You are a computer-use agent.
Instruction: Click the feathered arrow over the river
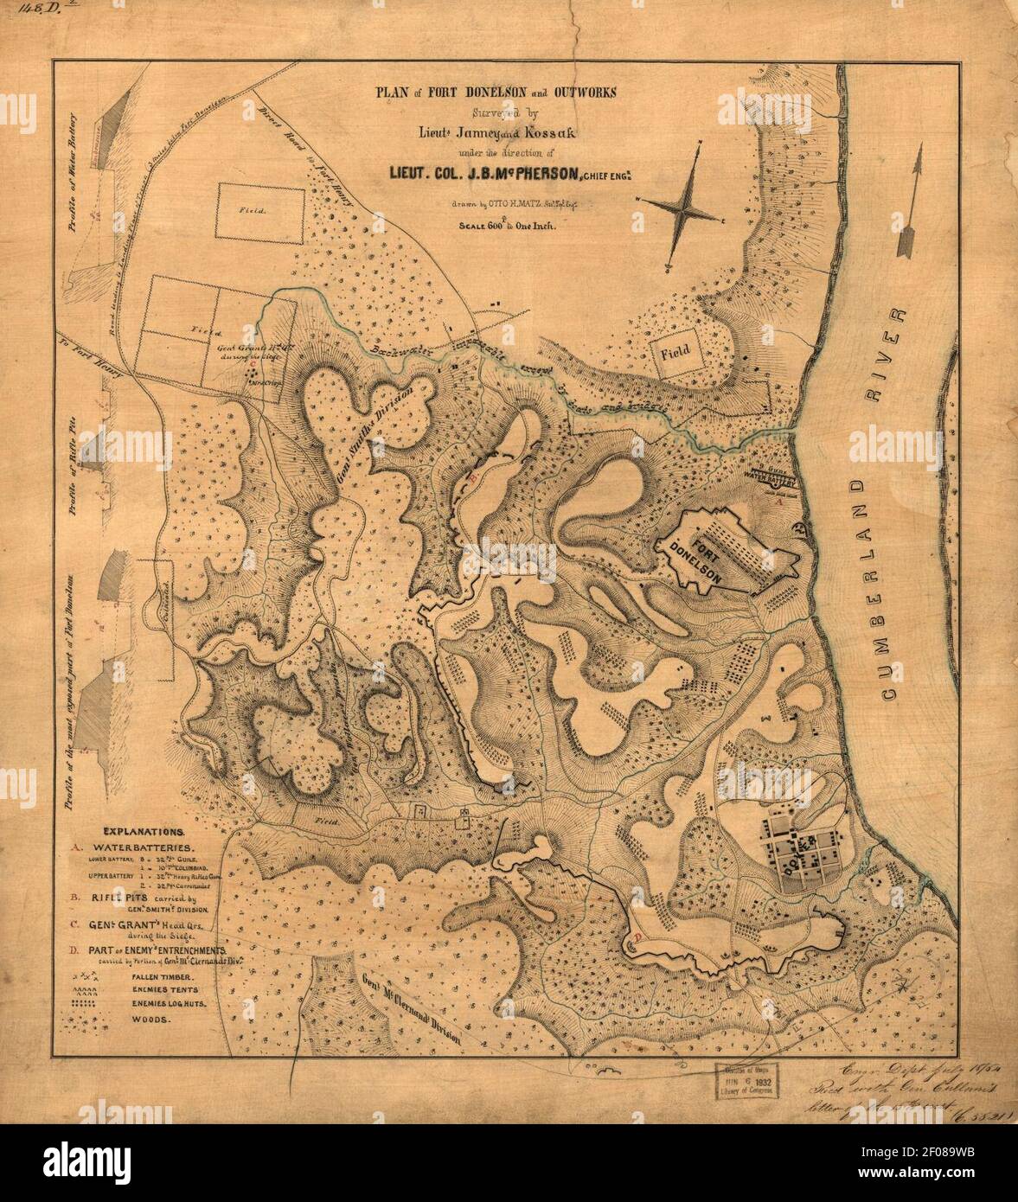912,201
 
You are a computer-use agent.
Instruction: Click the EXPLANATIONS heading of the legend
138,828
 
